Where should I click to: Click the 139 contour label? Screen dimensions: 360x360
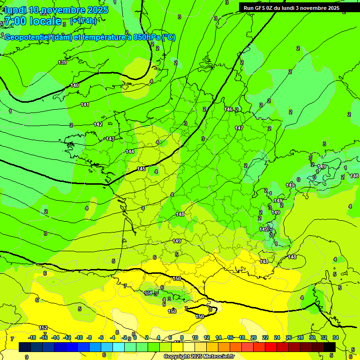click(62, 62)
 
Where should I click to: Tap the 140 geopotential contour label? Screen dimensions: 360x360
click(75, 85)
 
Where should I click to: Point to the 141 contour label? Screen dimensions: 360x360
click(85, 105)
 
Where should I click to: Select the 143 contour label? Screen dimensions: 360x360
click(110, 139)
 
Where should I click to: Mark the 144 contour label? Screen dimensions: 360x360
click(130, 151)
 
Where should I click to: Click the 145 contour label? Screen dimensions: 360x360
click(141, 169)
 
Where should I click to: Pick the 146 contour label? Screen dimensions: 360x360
click(228, 109)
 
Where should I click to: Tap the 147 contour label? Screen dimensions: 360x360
click(239, 128)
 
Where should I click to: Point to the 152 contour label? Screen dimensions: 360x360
click(43, 328)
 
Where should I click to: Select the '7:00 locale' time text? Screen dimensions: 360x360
click(33, 21)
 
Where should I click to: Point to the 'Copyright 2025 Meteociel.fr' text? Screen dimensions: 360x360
click(198, 357)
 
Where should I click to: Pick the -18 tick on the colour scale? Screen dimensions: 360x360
click(32, 337)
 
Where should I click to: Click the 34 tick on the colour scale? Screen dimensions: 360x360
click(336, 337)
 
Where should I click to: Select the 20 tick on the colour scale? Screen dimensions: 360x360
click(254, 337)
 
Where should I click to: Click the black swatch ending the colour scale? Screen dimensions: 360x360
click(330, 347)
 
